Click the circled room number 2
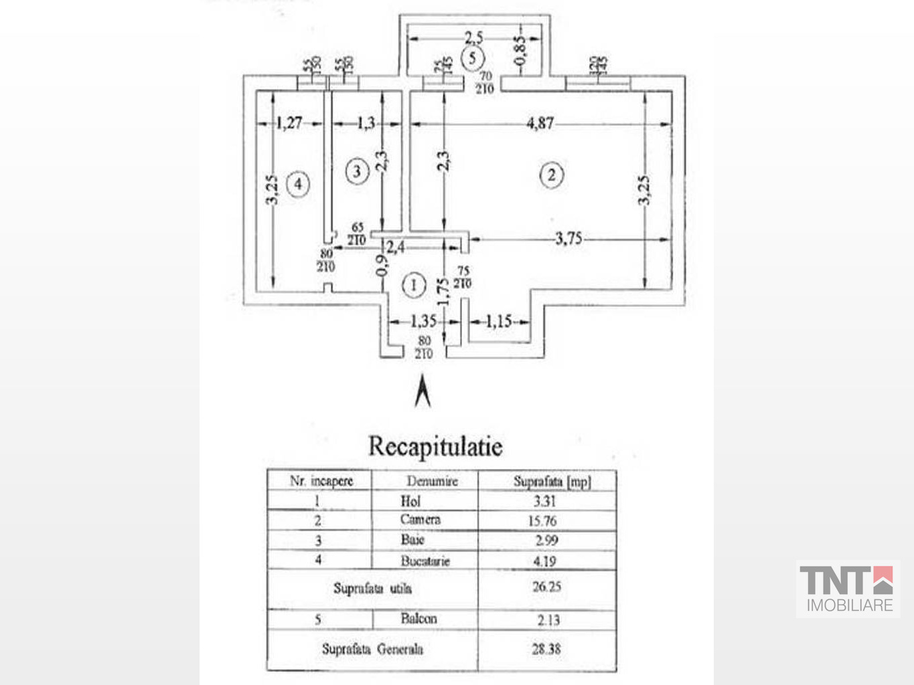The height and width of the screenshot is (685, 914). click(551, 175)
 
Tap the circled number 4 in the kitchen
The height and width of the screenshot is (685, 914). click(298, 183)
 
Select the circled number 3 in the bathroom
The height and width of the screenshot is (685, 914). click(356, 172)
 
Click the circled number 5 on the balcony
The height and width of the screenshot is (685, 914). click(473, 58)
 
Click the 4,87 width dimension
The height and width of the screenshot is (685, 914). click(540, 123)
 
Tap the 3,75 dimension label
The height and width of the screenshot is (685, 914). click(568, 239)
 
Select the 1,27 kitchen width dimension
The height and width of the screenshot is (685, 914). click(289, 123)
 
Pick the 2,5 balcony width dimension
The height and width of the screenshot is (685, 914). click(474, 38)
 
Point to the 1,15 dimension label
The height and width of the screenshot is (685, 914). click(498, 322)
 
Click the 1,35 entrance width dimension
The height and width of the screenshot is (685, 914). click(424, 322)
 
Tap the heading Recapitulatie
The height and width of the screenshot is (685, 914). click(435, 446)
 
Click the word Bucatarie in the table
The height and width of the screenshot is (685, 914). click(425, 561)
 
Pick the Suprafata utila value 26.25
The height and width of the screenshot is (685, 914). click(546, 587)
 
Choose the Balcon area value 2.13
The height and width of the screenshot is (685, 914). click(548, 620)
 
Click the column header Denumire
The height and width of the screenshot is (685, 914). click(432, 481)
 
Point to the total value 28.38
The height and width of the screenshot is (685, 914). click(546, 648)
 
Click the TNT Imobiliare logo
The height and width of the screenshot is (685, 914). click(846, 589)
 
